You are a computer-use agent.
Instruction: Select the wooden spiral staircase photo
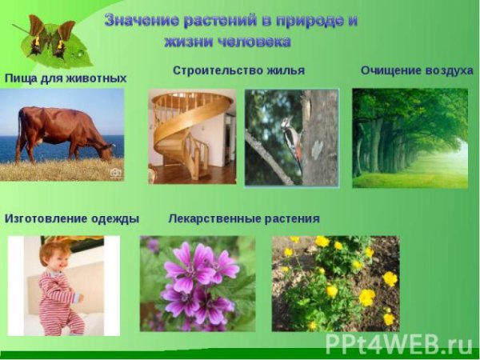[192, 136]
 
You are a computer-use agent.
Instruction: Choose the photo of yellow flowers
[335, 283]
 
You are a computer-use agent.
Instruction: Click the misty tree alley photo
[410, 138]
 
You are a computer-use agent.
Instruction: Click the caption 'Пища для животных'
[66, 78]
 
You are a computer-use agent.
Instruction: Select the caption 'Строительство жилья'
[238, 70]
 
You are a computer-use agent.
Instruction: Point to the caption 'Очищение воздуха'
[417, 70]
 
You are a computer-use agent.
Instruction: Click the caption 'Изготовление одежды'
[72, 218]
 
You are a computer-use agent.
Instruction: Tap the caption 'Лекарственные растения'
[244, 218]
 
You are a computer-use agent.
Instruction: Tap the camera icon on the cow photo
[115, 172]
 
